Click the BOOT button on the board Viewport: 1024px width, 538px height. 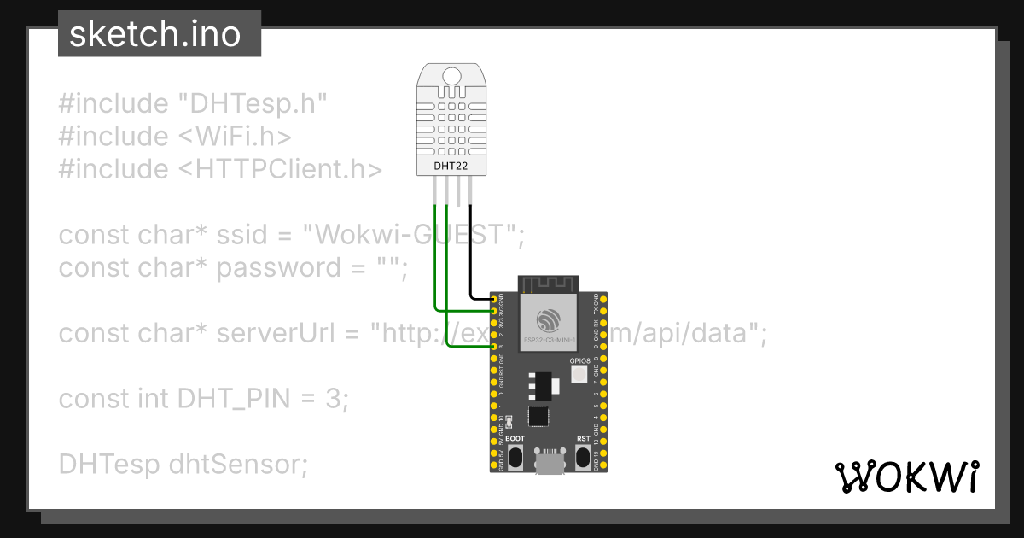pyautogui.click(x=515, y=456)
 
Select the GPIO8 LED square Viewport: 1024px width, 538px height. pyautogui.click(x=579, y=374)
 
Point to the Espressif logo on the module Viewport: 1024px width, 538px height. pyautogui.click(x=548, y=320)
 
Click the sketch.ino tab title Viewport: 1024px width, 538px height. pyautogui.click(x=154, y=34)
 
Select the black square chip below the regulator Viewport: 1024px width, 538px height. pyautogui.click(x=538, y=416)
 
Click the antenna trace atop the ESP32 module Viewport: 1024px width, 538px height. pyautogui.click(x=548, y=283)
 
